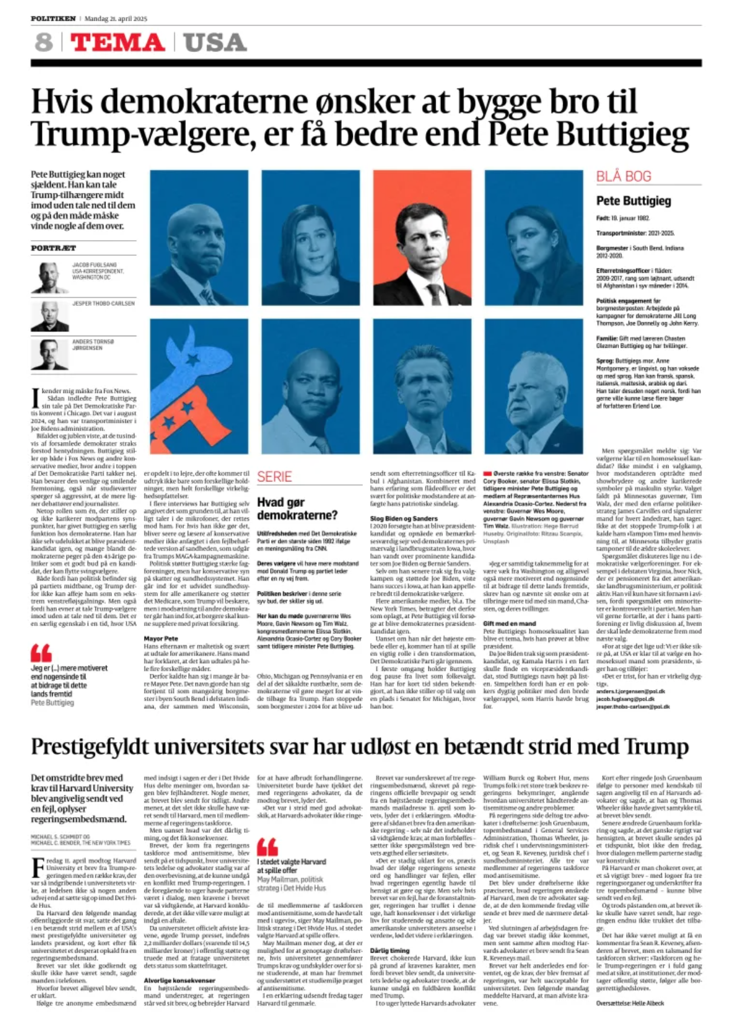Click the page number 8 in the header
coord(43,42)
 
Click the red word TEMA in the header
coord(117,42)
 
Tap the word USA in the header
coord(215,42)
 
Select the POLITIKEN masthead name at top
coord(53,19)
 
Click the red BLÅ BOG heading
coord(624,176)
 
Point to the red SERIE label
coord(274,477)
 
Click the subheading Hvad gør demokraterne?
coord(297,508)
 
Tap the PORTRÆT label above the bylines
coord(54,248)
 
